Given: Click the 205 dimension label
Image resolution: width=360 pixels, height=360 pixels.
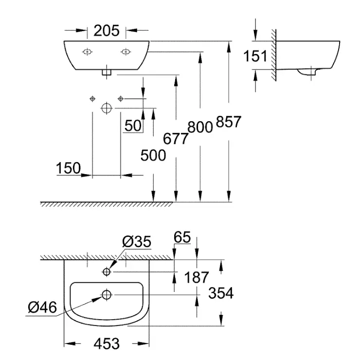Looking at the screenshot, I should click(106, 31).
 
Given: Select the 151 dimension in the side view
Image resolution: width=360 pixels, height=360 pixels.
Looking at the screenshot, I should click(255, 56).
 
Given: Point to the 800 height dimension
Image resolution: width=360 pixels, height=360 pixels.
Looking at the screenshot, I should click(200, 127).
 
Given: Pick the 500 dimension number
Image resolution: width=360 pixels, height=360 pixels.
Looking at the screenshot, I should click(153, 155).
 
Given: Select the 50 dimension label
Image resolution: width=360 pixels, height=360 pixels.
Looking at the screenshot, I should click(133, 126).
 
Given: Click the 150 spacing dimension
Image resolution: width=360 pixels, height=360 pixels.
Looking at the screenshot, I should click(69, 168).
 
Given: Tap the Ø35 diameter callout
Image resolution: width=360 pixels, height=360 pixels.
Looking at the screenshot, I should click(137, 241).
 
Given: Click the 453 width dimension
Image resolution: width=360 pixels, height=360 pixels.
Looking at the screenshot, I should click(106, 343).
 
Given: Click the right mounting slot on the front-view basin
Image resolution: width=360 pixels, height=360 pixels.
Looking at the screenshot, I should click(126, 51).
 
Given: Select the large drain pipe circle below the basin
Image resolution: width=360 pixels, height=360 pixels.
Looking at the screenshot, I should click(107, 108).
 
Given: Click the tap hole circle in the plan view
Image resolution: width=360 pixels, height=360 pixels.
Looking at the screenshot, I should click(107, 271).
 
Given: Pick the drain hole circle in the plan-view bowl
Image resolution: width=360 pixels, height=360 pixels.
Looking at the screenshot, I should click(107, 294).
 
